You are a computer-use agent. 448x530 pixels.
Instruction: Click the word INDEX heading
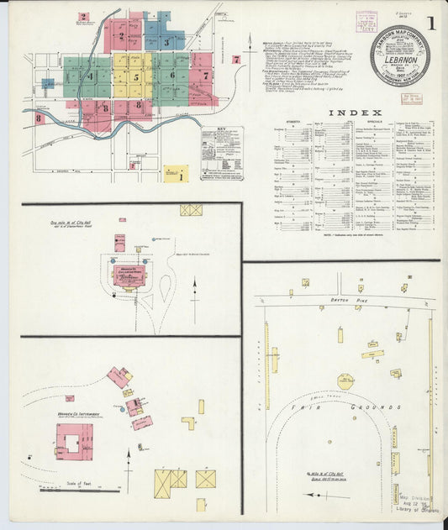point(354,112)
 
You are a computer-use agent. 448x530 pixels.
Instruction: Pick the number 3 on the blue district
point(167,42)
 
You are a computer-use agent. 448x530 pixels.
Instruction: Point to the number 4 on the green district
point(91,76)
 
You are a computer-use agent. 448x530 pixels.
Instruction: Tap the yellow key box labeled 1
point(176,174)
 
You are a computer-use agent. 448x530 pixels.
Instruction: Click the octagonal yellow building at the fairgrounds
point(345,380)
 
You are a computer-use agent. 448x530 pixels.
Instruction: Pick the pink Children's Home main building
point(129,275)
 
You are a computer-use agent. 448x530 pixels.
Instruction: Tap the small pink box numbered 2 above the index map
point(83,17)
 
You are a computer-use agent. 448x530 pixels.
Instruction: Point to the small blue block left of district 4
point(48,85)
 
